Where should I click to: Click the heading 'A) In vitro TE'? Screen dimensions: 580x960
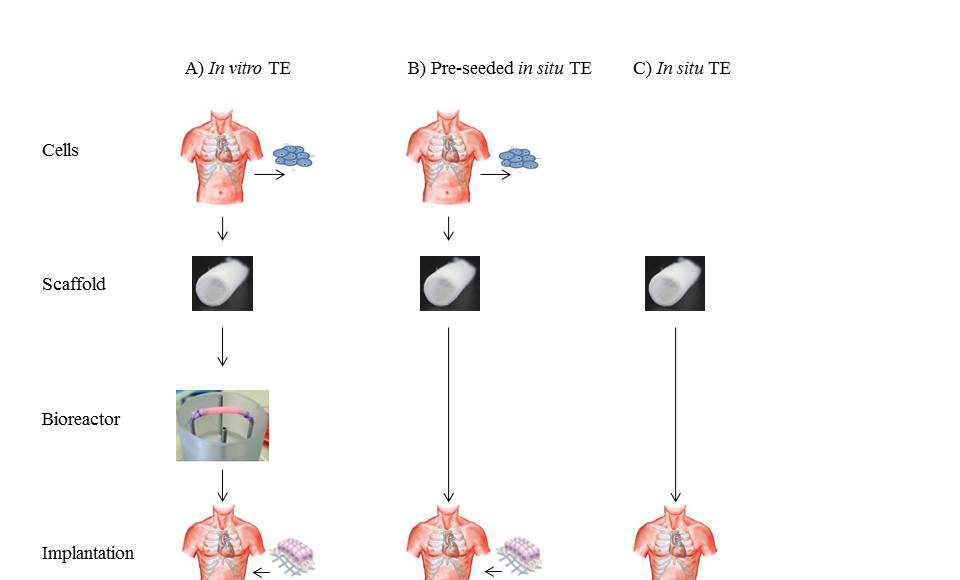(x=238, y=69)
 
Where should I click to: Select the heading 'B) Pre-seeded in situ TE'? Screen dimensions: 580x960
(x=499, y=69)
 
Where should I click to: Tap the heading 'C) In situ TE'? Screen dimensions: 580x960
(x=682, y=69)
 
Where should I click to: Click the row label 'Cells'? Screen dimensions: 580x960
(x=60, y=150)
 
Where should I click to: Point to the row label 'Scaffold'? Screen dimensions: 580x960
(x=73, y=284)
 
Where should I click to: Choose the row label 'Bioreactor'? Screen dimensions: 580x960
(x=81, y=419)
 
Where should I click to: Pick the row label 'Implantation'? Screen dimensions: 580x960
(x=88, y=553)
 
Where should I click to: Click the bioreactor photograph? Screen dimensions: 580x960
(x=222, y=425)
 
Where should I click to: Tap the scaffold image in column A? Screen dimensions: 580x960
(x=222, y=283)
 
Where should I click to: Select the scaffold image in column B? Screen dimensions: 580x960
(x=449, y=283)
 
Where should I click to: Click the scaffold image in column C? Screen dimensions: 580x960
(x=675, y=283)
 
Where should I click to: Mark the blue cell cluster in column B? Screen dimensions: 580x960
(x=518, y=157)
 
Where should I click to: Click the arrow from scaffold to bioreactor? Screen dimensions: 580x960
(x=222, y=347)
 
